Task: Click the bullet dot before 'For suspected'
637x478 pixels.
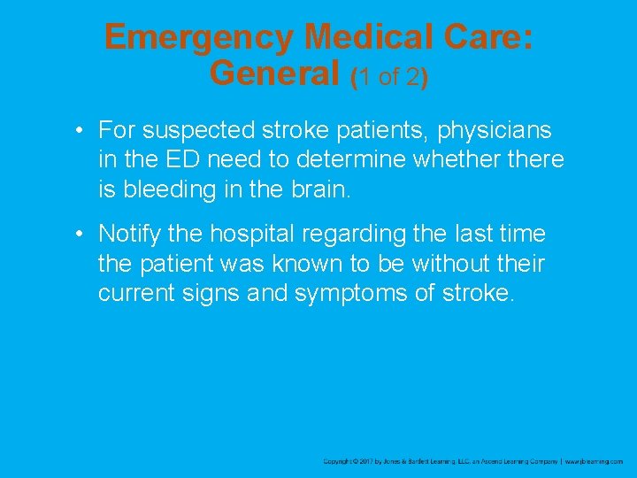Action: [x=80, y=131]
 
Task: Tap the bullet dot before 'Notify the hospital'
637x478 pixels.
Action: [x=80, y=235]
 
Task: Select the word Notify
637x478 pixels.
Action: [x=127, y=235]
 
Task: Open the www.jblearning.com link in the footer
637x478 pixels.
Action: [x=595, y=461]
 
